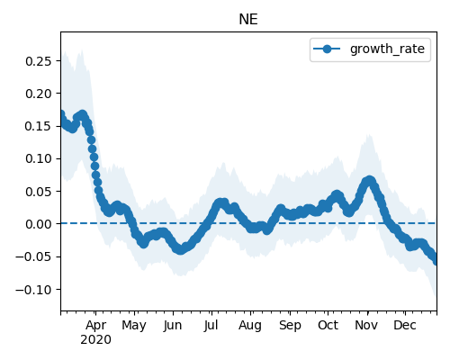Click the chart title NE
point(248,20)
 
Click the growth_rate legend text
point(387,49)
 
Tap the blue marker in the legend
point(327,49)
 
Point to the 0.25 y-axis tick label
point(39,61)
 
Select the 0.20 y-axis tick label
point(39,94)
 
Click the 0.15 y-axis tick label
point(39,126)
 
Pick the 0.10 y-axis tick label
point(39,158)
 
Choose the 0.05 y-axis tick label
point(39,192)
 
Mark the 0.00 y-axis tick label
point(39,224)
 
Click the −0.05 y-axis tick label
point(34,256)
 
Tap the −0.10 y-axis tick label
point(34,290)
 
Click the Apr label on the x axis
point(95,326)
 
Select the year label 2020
point(95,339)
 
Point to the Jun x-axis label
point(173,326)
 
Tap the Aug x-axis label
point(250,326)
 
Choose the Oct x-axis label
point(328,325)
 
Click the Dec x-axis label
point(405,325)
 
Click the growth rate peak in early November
point(369,181)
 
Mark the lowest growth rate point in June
point(180,249)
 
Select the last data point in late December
point(436,260)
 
